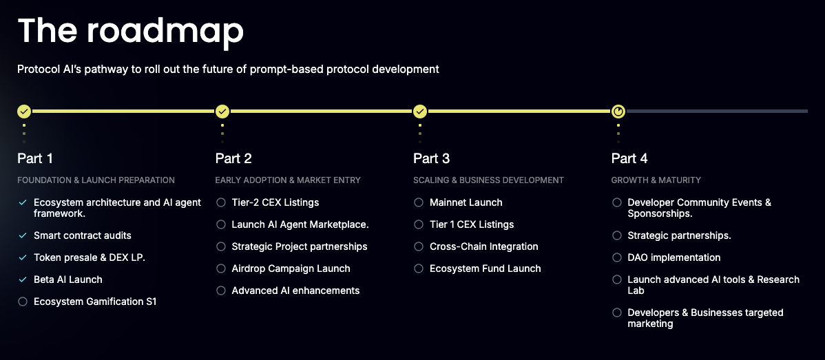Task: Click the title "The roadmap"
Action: coord(130,30)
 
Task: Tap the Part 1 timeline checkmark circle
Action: coord(24,112)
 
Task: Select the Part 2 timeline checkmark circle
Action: coord(222,112)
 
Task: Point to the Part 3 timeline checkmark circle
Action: coord(420,112)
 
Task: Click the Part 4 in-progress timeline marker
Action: coord(618,112)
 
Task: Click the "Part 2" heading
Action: coord(233,158)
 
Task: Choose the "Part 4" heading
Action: coord(630,158)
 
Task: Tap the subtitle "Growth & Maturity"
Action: coord(656,180)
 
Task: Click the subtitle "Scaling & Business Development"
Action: coord(489,180)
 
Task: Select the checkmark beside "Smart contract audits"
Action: coord(22,236)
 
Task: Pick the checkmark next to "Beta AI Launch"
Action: coord(22,279)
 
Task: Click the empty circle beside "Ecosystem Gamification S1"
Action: coord(22,301)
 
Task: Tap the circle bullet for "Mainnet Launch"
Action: coord(418,202)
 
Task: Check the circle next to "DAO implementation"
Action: coord(616,257)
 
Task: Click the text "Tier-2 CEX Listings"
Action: coord(275,202)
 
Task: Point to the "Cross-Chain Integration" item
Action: coord(484,246)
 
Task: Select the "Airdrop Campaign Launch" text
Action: coord(291,268)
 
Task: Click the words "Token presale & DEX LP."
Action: coord(90,257)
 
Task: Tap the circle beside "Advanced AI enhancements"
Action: coord(221,290)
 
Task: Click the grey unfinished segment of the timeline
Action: coord(717,112)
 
